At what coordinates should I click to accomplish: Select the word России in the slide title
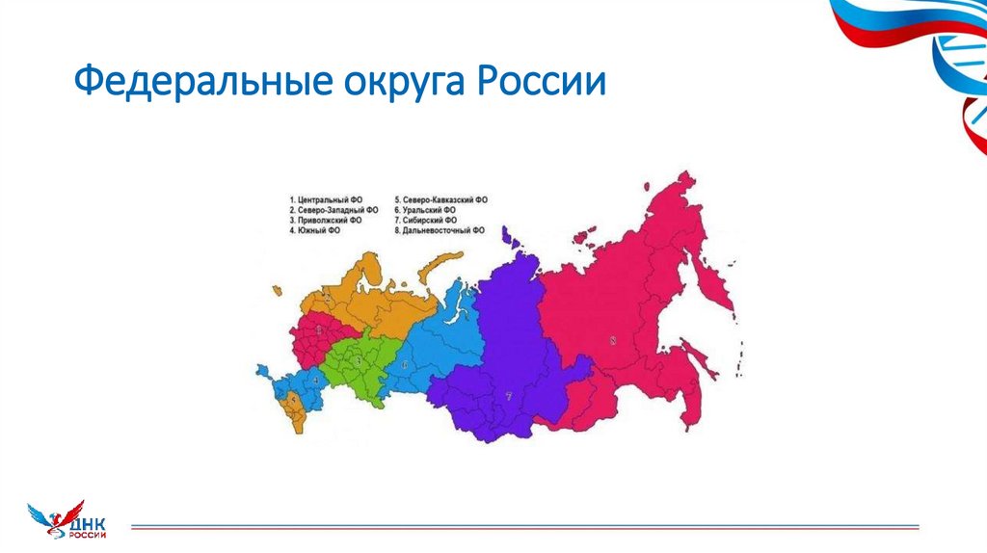coord(541,81)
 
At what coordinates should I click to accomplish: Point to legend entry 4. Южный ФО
coord(317,230)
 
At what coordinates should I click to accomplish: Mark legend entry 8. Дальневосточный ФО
coord(441,230)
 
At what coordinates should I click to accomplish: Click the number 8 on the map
coord(612,339)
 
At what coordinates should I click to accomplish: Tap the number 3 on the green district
coord(359,361)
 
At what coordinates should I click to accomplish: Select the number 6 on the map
coord(406,364)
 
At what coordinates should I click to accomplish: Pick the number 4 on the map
coord(314,380)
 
